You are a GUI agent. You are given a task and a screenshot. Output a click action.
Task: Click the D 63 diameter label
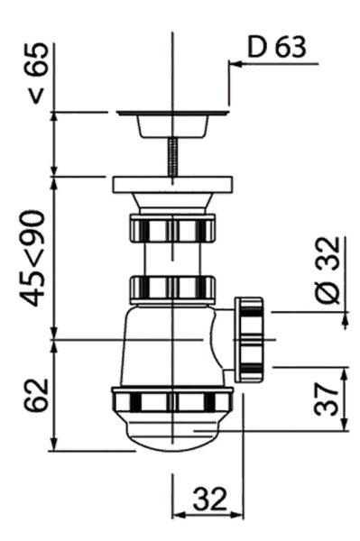tap(277, 47)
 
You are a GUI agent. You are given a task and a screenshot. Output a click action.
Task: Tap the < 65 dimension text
tap(37, 73)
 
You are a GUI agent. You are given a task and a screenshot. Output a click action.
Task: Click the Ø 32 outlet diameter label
tap(327, 270)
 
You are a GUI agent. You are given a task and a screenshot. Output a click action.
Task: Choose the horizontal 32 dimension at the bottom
tap(210, 499)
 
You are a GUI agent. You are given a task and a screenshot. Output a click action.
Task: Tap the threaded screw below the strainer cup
tap(172, 157)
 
